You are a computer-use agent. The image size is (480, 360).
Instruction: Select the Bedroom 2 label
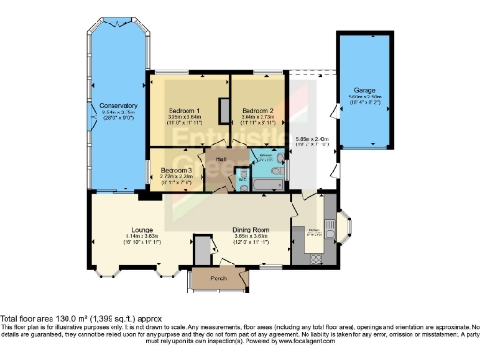coord(256,110)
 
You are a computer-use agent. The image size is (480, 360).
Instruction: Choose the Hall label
coord(221,160)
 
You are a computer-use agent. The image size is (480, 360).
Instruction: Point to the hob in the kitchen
coord(316,259)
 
